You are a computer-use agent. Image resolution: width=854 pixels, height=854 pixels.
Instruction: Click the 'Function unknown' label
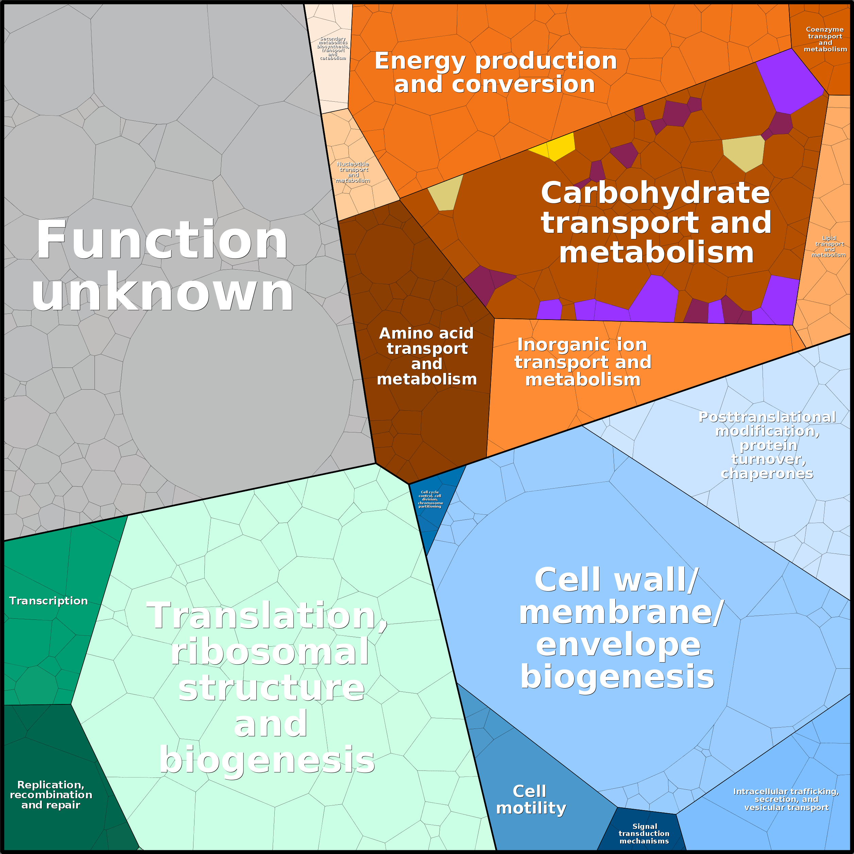tap(162, 265)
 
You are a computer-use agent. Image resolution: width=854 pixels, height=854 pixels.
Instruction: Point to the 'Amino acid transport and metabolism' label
tap(427, 356)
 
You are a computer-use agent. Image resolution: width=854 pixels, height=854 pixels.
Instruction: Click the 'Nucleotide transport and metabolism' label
tap(353, 172)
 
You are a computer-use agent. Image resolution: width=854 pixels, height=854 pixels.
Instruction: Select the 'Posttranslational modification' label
tap(767, 445)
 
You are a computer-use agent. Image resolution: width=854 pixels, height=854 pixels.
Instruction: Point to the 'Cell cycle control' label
tap(430, 499)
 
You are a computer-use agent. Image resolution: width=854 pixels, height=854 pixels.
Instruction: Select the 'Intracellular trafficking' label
tap(786, 799)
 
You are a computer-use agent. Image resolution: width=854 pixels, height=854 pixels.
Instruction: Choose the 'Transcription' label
tap(49, 601)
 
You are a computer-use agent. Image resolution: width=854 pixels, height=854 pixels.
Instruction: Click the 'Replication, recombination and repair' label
tap(51, 795)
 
